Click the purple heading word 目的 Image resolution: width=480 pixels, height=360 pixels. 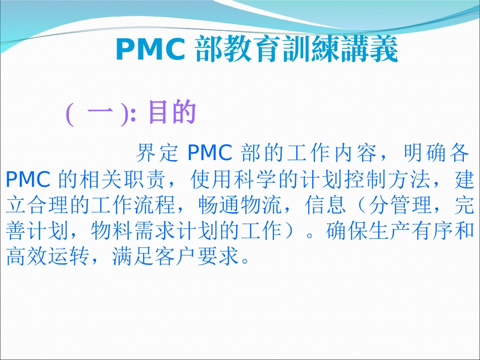(172, 114)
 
